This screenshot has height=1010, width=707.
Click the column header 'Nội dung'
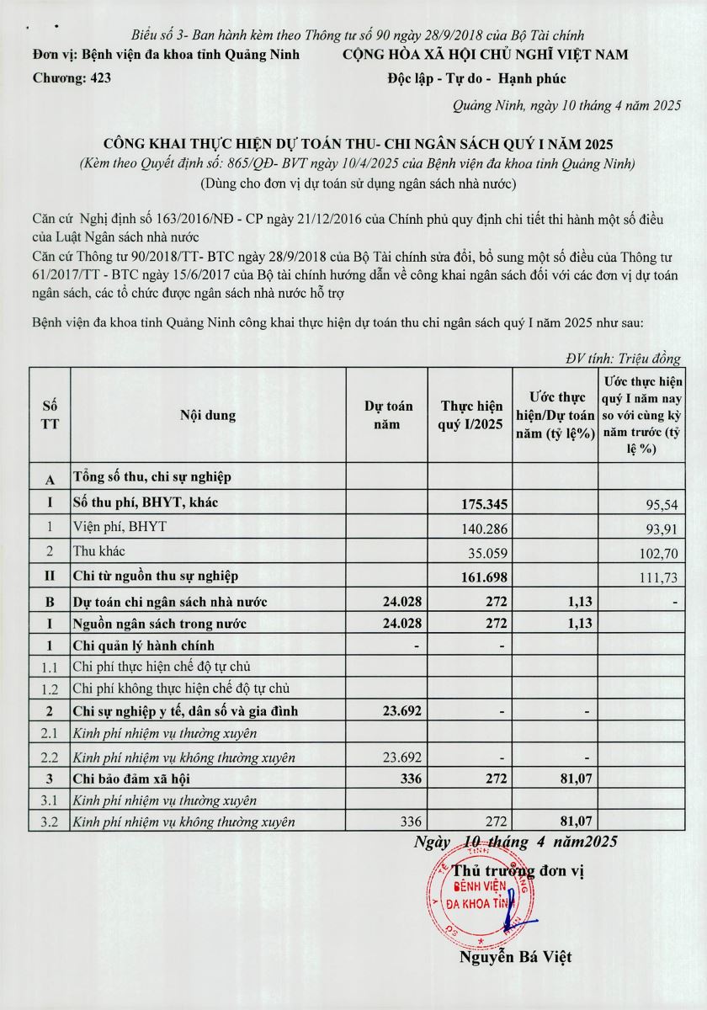pyautogui.click(x=207, y=415)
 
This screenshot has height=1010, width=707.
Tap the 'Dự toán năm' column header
pyautogui.click(x=387, y=415)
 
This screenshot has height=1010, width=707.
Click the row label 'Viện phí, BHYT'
pyautogui.click(x=120, y=528)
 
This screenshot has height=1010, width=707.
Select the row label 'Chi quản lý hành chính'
pyautogui.click(x=143, y=646)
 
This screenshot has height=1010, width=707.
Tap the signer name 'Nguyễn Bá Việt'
pyautogui.click(x=515, y=956)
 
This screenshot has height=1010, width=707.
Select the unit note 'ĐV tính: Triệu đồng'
pyautogui.click(x=623, y=359)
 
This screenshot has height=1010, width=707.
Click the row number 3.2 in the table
pyautogui.click(x=50, y=822)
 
